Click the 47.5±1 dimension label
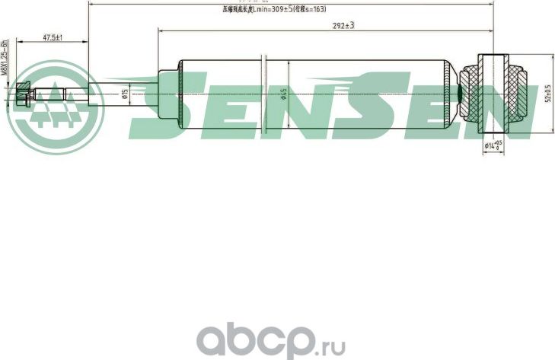pos(53,37)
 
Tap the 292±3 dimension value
pos(344,25)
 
